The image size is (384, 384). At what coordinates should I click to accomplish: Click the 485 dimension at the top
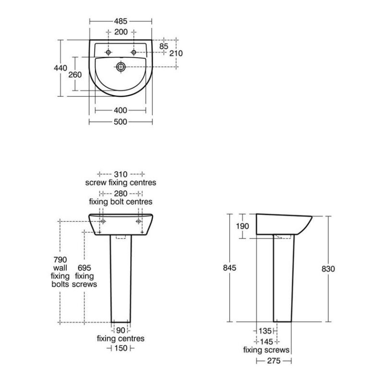[121, 21]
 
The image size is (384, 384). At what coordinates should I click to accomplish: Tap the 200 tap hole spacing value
[121, 32]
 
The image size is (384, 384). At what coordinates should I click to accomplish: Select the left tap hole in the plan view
[108, 52]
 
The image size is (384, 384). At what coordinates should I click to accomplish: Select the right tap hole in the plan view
[134, 52]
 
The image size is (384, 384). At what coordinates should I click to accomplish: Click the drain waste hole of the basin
[121, 67]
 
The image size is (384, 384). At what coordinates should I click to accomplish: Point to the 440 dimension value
[60, 68]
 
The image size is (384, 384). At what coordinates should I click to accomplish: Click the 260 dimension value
[75, 75]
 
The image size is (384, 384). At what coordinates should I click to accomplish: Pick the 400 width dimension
[120, 110]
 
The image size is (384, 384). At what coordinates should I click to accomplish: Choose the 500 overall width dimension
[120, 122]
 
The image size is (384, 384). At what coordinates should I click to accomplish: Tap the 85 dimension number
[164, 46]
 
